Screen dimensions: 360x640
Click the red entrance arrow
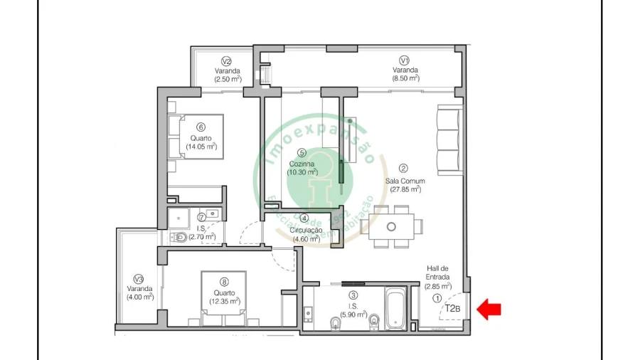coord(489,309)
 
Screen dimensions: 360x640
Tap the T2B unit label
coord(453,309)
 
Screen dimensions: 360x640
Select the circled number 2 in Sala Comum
coord(403,169)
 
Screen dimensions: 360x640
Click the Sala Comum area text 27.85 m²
coord(403,189)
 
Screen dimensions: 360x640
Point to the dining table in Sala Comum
coord(391,226)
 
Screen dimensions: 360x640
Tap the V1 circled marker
coord(404,60)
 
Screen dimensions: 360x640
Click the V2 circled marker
coord(227,60)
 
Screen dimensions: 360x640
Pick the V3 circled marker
coord(139,279)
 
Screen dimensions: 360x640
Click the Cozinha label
coord(302,163)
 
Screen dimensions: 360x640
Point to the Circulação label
coord(306,230)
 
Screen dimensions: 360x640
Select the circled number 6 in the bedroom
coord(201,127)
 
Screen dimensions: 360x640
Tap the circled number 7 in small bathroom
coord(201,217)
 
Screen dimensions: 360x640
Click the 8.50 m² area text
coord(405,79)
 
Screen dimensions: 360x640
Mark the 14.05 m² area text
coord(201,147)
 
